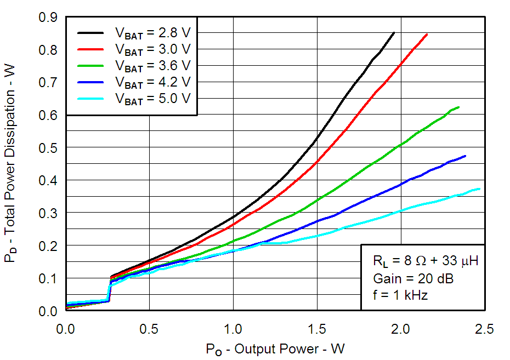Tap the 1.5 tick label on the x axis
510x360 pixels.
point(317,329)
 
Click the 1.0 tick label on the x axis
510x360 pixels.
point(233,329)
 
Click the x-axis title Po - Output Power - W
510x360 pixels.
point(275,349)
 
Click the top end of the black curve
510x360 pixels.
point(394,33)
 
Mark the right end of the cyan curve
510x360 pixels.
point(480,189)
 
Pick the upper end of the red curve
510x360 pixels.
point(427,34)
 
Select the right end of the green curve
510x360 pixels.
point(459,107)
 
